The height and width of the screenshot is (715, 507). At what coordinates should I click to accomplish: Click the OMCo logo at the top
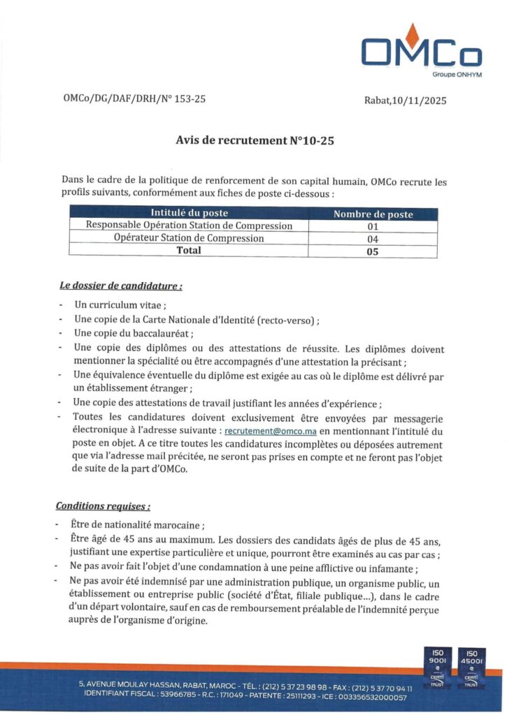(x=421, y=50)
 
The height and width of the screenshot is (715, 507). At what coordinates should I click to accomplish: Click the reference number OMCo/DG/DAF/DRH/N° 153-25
(x=134, y=99)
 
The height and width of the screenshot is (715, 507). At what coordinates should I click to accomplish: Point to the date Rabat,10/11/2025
(x=405, y=101)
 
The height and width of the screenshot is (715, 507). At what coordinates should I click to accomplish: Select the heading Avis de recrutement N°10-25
(x=255, y=140)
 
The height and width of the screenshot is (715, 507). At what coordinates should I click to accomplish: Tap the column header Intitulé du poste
(x=190, y=214)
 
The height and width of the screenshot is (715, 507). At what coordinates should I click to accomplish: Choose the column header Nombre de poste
(x=373, y=214)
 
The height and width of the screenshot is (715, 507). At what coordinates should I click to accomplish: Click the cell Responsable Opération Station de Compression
(x=189, y=226)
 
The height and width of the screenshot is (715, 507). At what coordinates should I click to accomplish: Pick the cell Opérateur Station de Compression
(x=189, y=238)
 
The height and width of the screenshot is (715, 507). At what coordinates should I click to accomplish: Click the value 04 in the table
(x=373, y=239)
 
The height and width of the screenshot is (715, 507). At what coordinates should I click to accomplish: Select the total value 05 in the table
(x=373, y=251)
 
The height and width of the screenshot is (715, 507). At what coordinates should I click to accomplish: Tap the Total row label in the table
(x=189, y=251)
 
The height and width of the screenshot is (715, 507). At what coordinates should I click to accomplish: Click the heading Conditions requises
(x=103, y=506)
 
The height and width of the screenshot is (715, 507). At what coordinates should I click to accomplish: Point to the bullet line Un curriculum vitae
(x=120, y=305)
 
